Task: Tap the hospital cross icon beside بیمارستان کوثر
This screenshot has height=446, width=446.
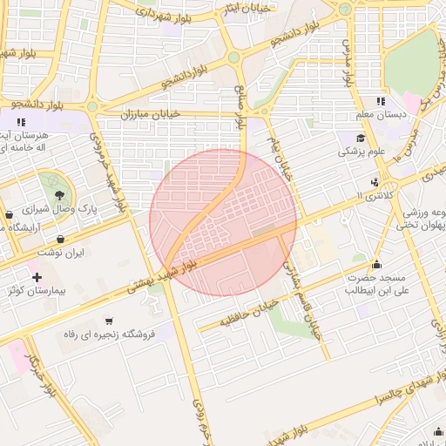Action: tap(37, 277)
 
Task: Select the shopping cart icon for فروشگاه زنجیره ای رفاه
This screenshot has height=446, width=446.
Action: tap(108, 321)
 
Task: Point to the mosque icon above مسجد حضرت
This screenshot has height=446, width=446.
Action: tap(376, 264)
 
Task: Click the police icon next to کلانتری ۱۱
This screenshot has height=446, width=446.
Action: tap(375, 182)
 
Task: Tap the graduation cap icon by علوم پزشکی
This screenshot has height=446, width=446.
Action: tap(360, 138)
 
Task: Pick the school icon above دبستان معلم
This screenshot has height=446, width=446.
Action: tap(381, 101)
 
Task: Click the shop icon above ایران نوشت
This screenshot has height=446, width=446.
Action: tap(60, 238)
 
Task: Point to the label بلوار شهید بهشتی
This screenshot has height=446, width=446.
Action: tap(174, 270)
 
